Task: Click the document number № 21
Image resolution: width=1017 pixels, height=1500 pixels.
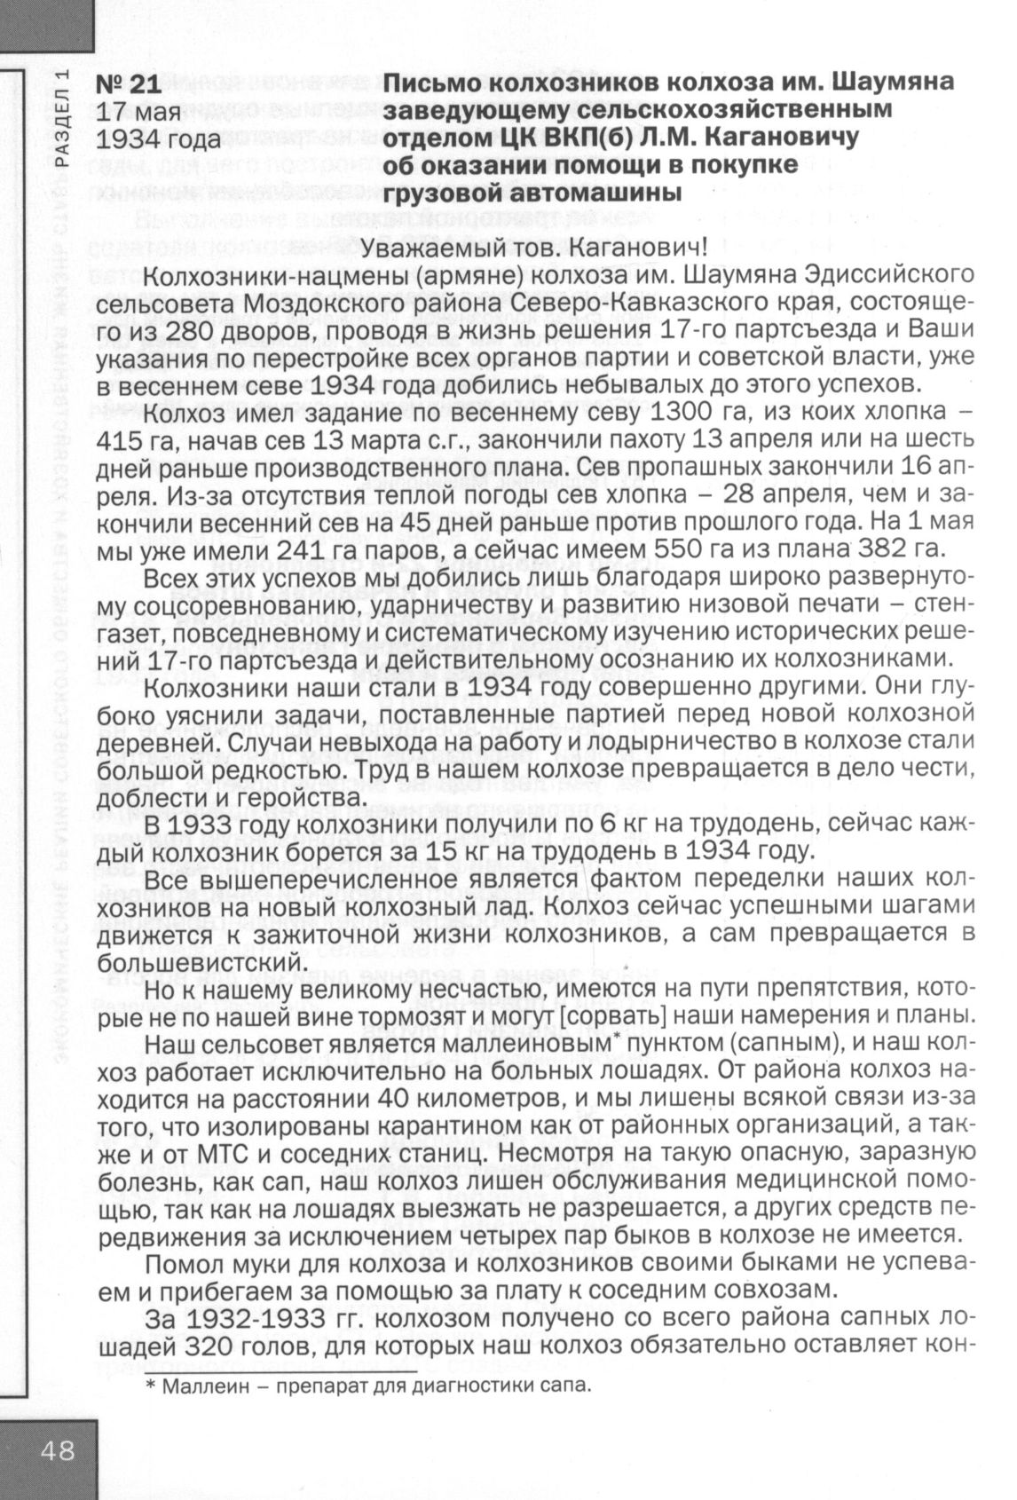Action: [x=129, y=85]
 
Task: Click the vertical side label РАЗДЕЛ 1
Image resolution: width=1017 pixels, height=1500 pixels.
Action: [x=60, y=114]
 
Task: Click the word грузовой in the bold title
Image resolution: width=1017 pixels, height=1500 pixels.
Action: [x=446, y=192]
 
